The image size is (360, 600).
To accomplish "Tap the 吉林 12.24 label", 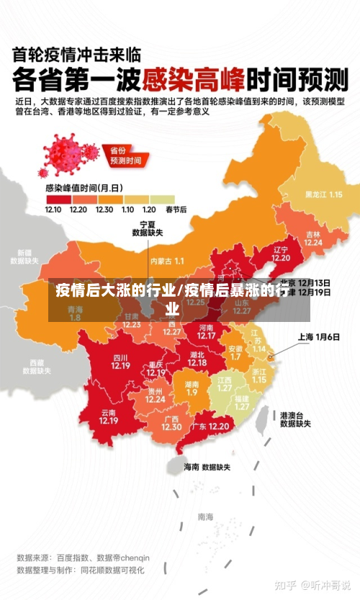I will [x=312, y=238].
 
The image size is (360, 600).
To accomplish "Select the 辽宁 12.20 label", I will [x=281, y=254].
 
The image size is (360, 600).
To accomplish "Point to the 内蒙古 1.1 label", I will [x=167, y=261].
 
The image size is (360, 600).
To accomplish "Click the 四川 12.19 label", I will [x=120, y=362].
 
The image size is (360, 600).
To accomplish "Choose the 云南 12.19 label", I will [x=109, y=416].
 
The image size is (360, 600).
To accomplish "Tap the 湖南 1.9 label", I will [x=192, y=388].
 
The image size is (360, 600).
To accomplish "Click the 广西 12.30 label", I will [x=171, y=423].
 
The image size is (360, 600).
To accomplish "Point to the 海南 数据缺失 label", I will [x=207, y=467].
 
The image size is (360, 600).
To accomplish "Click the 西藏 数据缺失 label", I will [x=37, y=367].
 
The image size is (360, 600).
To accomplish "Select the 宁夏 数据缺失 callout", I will [x=148, y=228].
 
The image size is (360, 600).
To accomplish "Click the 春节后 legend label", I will [x=176, y=210].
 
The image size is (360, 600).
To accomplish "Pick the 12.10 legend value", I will [x=53, y=210].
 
